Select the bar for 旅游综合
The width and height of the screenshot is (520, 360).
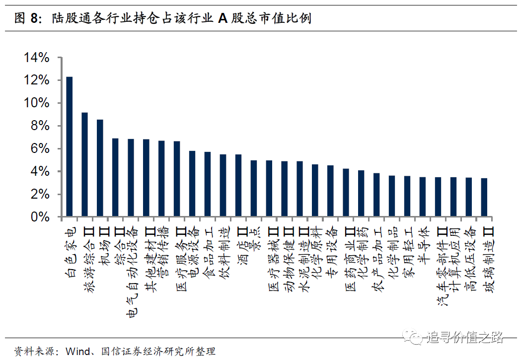point(85,165)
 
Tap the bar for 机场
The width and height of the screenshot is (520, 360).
point(100,168)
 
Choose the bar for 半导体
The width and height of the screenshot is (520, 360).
point(423,197)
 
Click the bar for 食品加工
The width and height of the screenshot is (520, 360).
point(208,185)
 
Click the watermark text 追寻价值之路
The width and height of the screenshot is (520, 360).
point(465,338)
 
